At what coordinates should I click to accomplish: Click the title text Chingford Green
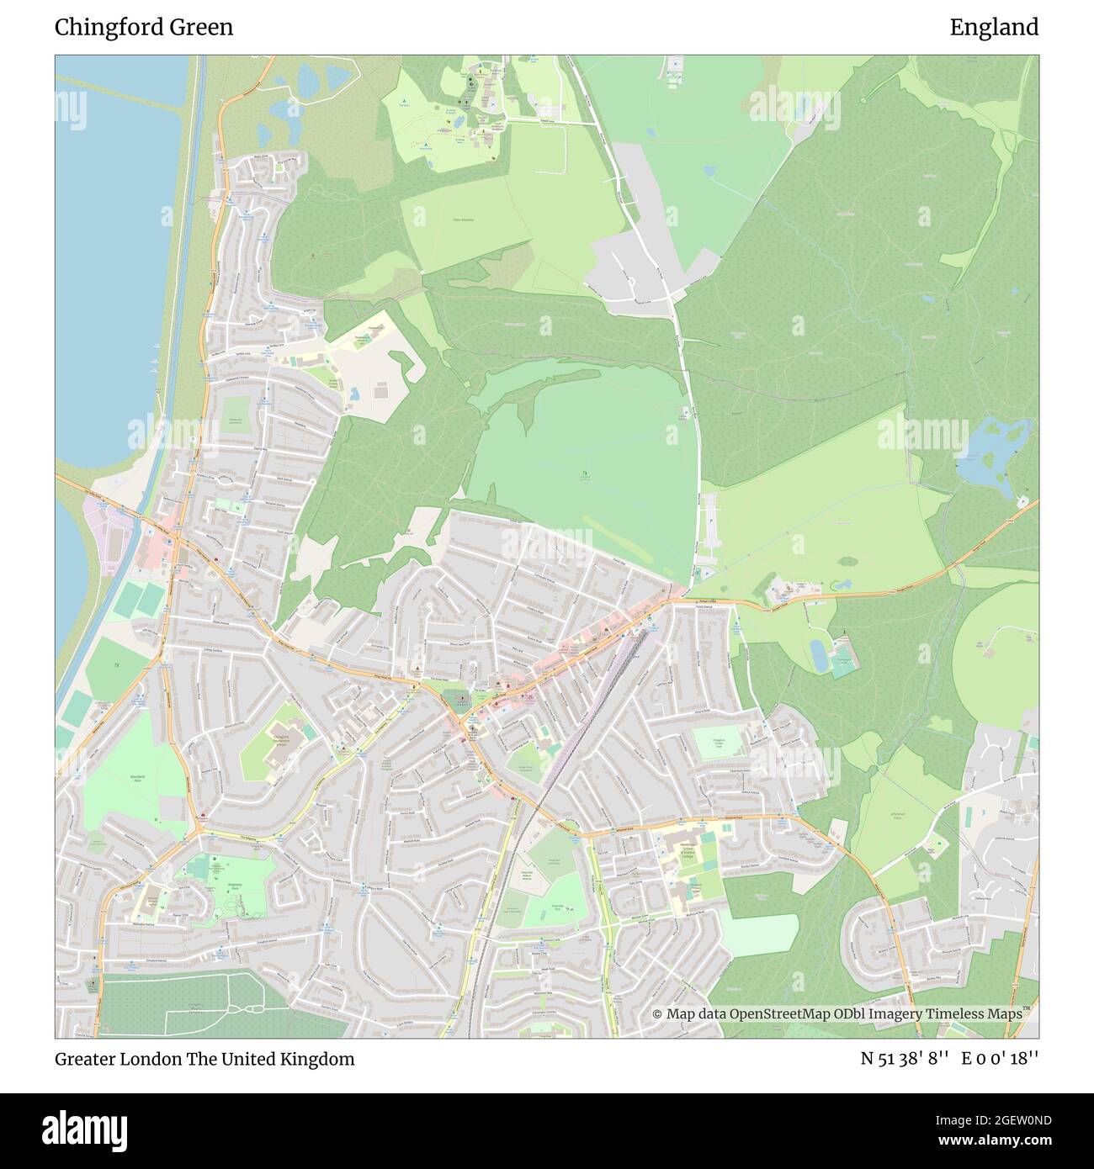(144, 28)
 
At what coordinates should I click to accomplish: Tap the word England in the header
(994, 28)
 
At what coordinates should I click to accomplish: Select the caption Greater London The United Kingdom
(204, 1059)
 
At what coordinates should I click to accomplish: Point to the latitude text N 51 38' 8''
(905, 1059)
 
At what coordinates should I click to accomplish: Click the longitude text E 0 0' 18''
(1001, 1059)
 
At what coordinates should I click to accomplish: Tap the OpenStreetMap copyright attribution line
(836, 1013)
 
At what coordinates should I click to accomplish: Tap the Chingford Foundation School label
(287, 740)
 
